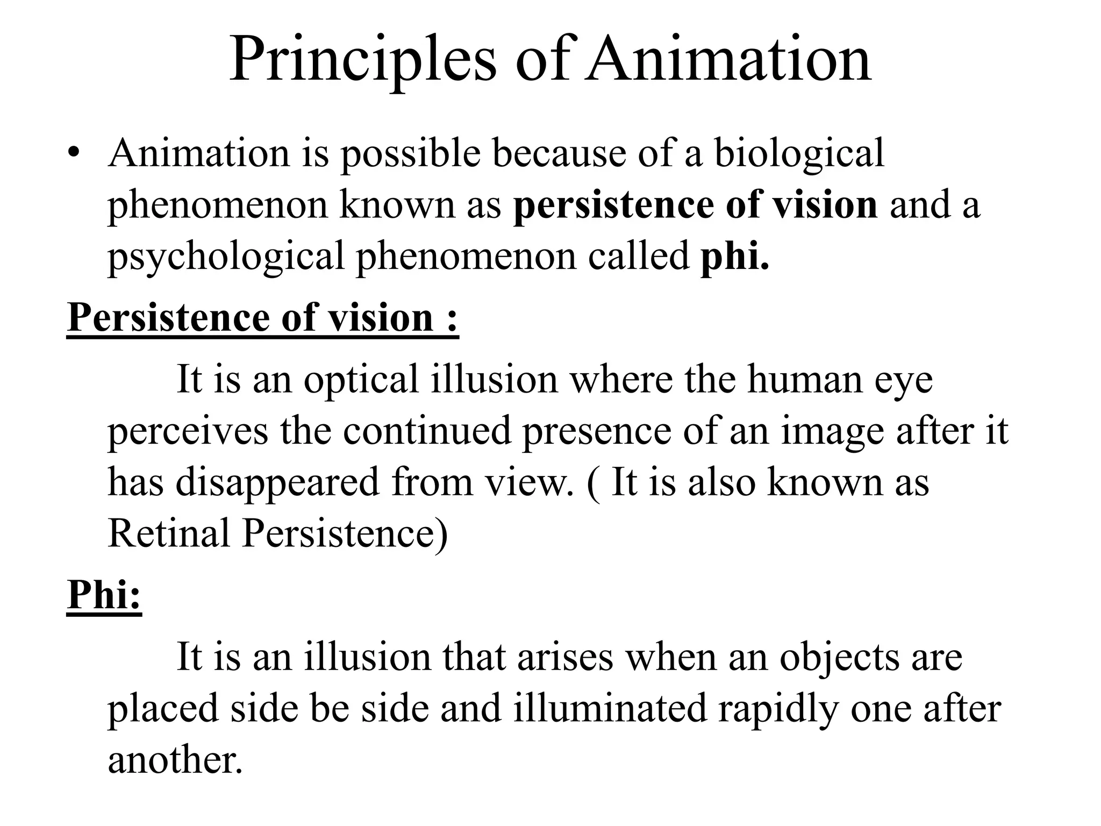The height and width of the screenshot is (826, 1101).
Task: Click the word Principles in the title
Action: [363, 60]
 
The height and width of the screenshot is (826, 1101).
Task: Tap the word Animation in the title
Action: [728, 60]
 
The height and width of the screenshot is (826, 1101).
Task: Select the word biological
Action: [799, 154]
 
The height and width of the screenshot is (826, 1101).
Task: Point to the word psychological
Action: [226, 257]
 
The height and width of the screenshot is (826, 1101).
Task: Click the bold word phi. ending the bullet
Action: [735, 256]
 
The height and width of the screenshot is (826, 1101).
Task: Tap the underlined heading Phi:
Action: [104, 595]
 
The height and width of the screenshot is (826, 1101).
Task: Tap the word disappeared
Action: [277, 482]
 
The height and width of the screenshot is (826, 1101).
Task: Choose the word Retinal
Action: [169, 533]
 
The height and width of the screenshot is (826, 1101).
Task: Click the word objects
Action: [840, 657]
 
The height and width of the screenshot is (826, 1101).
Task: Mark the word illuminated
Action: [610, 708]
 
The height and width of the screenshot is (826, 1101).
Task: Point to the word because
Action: [559, 154]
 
